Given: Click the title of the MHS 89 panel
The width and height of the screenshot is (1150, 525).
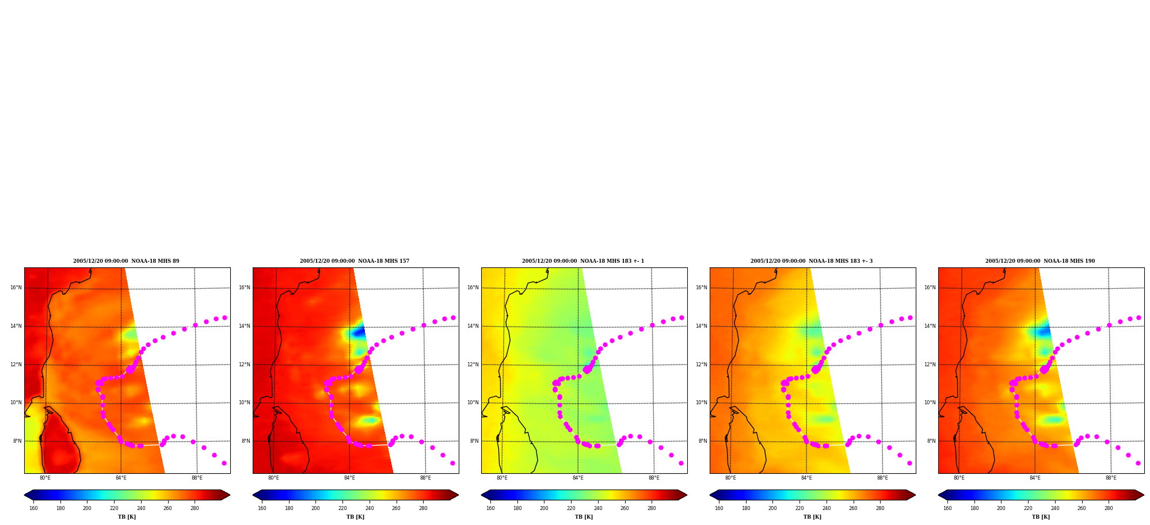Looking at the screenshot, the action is tap(126, 261).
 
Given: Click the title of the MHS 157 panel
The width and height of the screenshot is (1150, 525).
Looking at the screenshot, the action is tap(355, 261).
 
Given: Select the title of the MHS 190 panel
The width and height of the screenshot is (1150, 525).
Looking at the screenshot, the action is tap(1040, 261).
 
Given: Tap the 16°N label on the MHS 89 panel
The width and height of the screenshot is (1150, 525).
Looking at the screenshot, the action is tap(16, 288).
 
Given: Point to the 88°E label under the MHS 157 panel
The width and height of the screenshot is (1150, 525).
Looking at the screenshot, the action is tap(425, 478).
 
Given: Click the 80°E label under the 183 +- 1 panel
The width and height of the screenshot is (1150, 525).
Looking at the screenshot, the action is tap(502, 478).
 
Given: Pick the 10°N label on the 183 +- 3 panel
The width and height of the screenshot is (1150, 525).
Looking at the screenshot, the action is tap(701, 403).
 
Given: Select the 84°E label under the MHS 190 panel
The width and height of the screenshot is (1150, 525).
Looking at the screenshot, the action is tap(1035, 478).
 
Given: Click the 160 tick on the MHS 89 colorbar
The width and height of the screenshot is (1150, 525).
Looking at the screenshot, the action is tap(33, 508).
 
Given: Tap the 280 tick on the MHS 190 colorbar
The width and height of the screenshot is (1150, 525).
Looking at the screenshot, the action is tap(1109, 508).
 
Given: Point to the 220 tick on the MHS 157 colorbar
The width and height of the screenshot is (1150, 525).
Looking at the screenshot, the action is tap(342, 508).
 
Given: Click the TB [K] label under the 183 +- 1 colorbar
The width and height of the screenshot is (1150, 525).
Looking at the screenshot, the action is tap(584, 517).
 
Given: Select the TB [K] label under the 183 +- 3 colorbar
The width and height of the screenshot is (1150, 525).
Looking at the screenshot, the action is tap(812, 517).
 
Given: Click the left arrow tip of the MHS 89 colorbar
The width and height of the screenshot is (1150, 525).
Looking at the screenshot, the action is tap(24, 495).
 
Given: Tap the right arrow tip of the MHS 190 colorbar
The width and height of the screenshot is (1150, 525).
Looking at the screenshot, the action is tap(1144, 495).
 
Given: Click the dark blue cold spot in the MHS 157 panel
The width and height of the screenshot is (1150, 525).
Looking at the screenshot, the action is tap(358, 332).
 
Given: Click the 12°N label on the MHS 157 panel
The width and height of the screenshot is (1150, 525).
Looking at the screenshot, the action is tap(244, 365).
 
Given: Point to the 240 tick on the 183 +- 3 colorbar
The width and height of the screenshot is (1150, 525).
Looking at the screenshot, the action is tap(827, 508).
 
